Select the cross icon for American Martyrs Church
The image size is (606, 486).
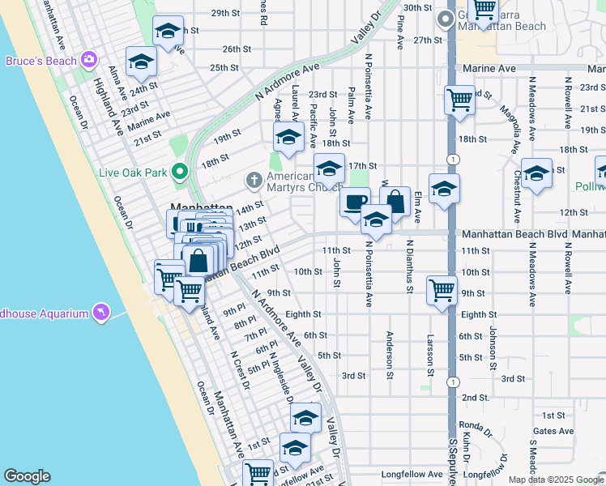[254, 178]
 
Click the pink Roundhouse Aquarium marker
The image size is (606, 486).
[100, 312]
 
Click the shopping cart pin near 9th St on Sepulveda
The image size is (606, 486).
[442, 290]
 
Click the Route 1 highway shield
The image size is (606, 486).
[452, 382]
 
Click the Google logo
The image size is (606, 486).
[27, 476]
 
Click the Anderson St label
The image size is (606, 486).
[390, 354]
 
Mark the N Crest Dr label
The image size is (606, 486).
[237, 369]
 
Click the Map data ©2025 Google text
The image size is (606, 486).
[555, 480]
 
